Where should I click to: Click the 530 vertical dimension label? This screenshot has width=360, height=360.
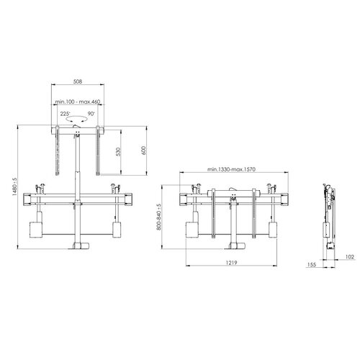pyautogui.click(x=118, y=153)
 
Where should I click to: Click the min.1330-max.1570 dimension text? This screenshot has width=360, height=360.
pyautogui.click(x=230, y=169)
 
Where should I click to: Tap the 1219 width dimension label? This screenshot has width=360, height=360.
pyautogui.click(x=230, y=264)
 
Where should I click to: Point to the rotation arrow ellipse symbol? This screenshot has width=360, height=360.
pyautogui.click(x=77, y=123)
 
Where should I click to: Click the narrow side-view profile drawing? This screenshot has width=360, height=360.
pyautogui.click(x=328, y=212)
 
